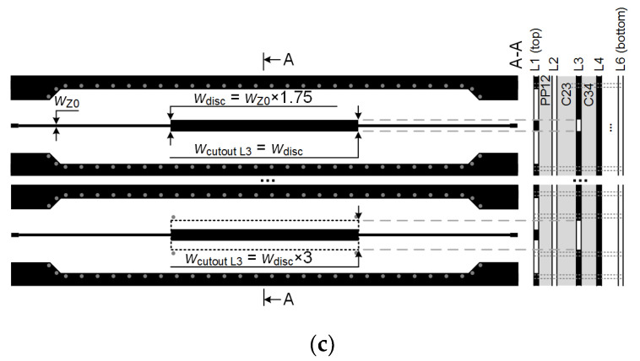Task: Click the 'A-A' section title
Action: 516,63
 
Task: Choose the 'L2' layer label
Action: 553,64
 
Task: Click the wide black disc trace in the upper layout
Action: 264,126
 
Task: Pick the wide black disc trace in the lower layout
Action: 264,234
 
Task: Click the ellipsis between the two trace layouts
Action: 266,180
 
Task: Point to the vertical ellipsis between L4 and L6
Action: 610,126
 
